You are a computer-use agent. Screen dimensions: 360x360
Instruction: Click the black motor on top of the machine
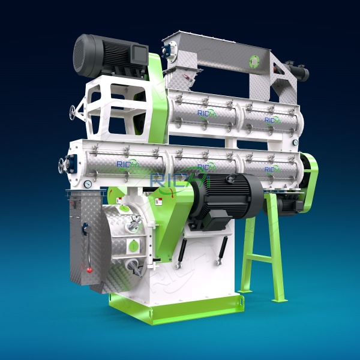click(x=105, y=55)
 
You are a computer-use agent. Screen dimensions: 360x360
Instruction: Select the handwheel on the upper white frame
click(x=74, y=112)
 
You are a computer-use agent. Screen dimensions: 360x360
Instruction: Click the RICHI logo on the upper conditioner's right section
click(x=272, y=121)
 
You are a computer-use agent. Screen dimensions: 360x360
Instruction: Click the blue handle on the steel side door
click(x=85, y=228)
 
